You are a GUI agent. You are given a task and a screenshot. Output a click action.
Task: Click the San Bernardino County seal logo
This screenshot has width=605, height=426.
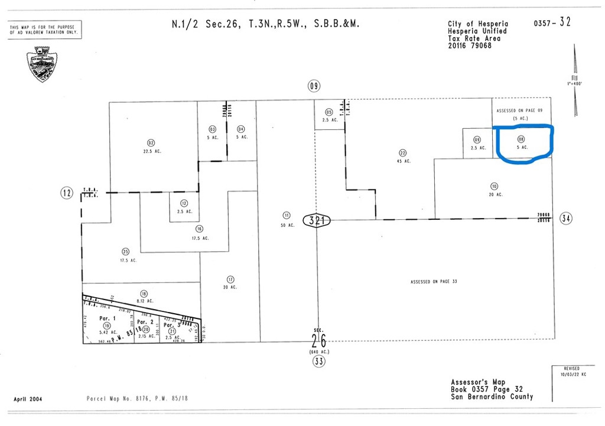41,64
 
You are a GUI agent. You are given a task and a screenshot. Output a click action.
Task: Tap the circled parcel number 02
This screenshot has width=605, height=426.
151,142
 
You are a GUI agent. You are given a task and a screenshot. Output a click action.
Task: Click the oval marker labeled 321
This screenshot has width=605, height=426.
317,221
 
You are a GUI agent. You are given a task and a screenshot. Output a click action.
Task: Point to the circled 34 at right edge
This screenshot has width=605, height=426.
566,219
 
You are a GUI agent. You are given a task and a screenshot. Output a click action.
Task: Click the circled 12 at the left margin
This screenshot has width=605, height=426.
67,192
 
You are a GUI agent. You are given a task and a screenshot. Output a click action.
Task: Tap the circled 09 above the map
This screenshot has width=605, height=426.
313,86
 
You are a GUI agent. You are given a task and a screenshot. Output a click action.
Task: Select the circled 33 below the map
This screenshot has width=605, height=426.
319,361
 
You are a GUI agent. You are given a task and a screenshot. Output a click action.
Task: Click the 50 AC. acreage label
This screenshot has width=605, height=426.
287,225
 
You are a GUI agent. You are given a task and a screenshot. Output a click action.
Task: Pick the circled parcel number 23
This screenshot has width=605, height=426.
403,152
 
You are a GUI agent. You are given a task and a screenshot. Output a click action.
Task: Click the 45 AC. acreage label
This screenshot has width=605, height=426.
404,161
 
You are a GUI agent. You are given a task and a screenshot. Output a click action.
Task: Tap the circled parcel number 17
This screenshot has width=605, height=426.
230,279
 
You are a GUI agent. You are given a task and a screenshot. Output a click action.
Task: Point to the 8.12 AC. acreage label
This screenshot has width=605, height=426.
144,301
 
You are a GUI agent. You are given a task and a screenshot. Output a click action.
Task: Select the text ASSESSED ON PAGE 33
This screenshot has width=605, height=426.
434,282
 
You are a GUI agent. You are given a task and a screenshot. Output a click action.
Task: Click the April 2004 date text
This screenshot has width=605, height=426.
28,399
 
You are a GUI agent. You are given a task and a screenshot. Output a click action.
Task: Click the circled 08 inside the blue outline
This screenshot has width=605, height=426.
521,140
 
